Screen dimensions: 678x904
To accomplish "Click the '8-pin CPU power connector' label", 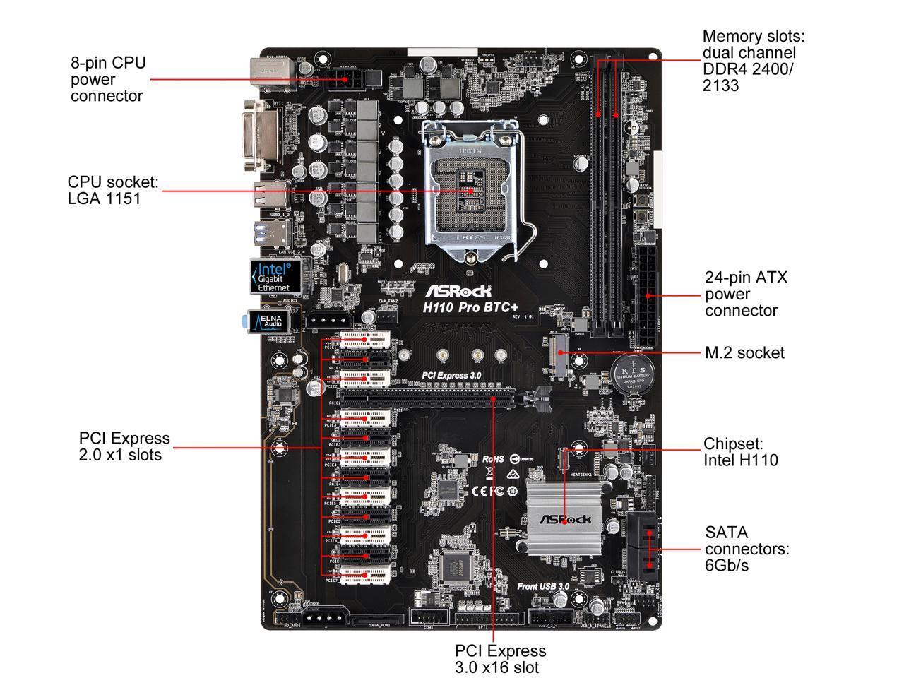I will click(108, 79).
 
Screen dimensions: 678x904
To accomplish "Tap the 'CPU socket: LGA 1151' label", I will click(113, 190).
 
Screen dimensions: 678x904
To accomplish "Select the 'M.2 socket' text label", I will click(744, 352).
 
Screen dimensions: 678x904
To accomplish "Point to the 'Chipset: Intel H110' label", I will click(740, 452).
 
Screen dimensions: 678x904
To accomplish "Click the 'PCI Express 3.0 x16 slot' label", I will click(500, 658).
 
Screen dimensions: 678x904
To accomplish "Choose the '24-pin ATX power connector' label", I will click(746, 294).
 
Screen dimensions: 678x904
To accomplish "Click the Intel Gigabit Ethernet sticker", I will click(275, 276).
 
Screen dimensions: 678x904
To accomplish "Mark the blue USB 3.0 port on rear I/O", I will click(276, 231).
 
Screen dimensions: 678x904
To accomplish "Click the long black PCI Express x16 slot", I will click(438, 398).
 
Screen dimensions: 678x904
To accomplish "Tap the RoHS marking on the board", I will click(493, 459).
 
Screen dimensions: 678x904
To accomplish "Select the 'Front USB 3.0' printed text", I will click(542, 585).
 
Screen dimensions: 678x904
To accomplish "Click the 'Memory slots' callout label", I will click(753, 61).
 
